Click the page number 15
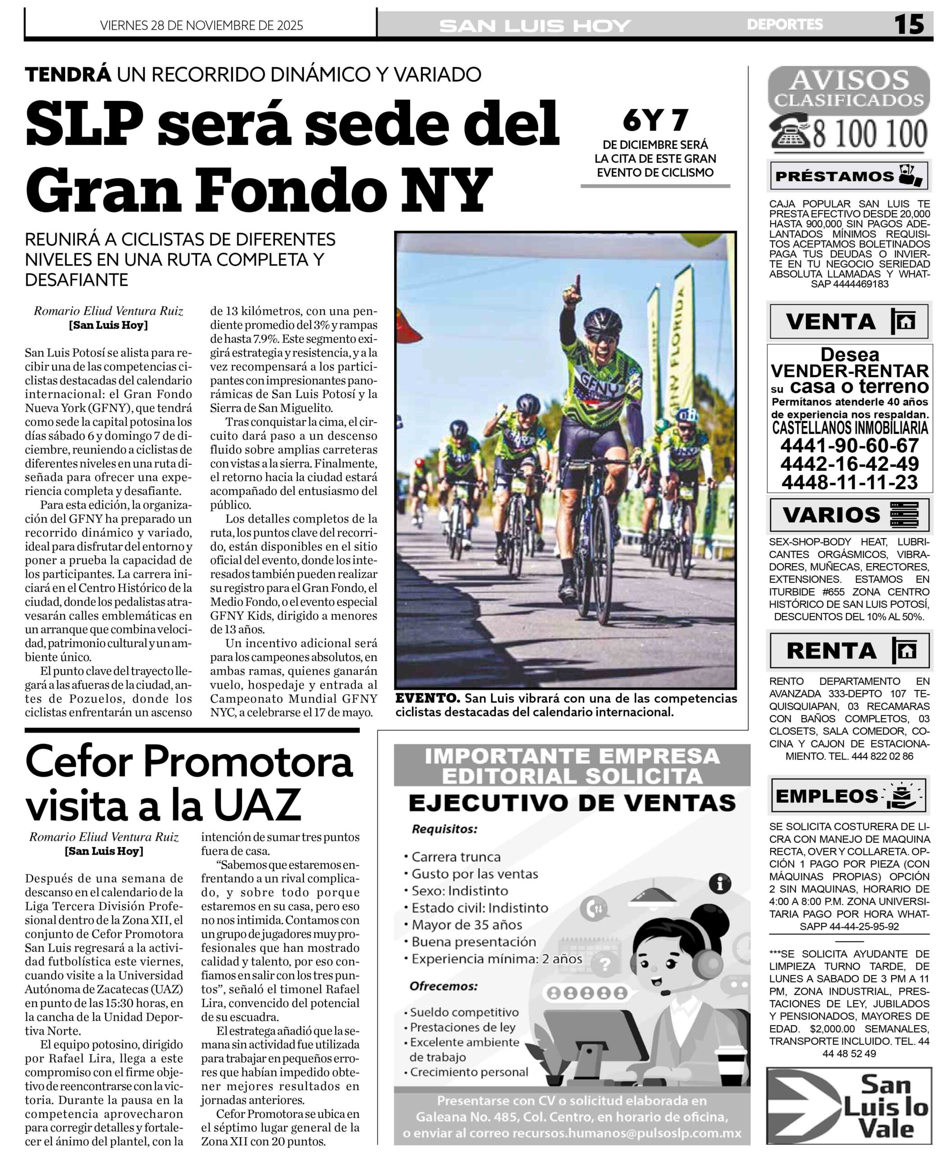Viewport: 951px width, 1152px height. point(909,24)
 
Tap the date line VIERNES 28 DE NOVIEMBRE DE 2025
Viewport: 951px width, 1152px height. point(202,26)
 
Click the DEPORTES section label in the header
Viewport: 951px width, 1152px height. point(785,25)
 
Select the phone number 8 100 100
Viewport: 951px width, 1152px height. point(870,134)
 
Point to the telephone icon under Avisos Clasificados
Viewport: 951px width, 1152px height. point(790,133)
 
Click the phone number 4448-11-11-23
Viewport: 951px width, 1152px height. point(849,482)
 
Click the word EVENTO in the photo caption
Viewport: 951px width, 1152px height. point(427,699)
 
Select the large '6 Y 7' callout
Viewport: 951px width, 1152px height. point(655,121)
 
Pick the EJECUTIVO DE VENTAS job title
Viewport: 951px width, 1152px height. point(572,803)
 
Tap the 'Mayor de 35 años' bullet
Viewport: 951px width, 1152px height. point(467,925)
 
